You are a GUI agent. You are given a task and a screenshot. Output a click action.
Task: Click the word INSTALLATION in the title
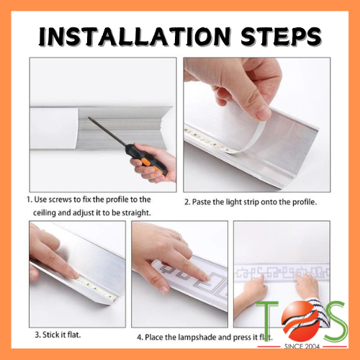[x=135, y=37]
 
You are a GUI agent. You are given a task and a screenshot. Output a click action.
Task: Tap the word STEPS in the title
[x=281, y=37]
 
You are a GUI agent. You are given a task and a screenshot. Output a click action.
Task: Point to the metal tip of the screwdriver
[x=89, y=118]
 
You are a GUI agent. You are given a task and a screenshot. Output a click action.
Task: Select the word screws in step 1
[x=60, y=199]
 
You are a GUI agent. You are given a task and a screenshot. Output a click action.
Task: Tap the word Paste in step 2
[x=202, y=202]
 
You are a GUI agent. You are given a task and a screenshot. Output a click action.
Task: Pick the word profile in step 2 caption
[x=305, y=202]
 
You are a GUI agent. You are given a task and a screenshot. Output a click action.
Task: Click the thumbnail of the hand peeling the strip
[x=257, y=125]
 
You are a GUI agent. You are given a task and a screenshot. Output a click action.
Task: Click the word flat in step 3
[x=74, y=334]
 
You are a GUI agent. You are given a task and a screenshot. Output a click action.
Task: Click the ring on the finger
[x=179, y=238]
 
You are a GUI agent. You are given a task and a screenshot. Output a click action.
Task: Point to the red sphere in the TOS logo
[x=302, y=320]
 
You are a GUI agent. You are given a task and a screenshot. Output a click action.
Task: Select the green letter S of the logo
[x=334, y=321]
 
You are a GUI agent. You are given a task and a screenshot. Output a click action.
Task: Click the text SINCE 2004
[x=302, y=346]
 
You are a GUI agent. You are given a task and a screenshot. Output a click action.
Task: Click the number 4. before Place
[x=140, y=337]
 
